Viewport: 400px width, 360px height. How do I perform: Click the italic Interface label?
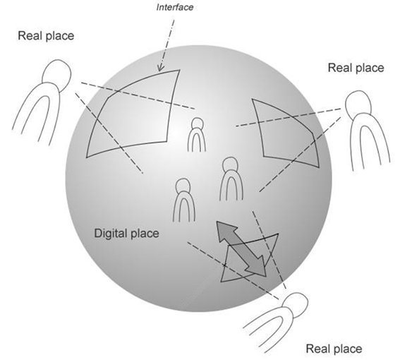point(175,7)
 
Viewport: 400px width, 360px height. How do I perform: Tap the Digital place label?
point(126,234)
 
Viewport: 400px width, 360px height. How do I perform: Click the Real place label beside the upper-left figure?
point(46,35)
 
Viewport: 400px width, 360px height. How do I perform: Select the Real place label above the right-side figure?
point(356,68)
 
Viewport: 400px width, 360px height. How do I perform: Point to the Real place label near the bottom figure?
point(334,349)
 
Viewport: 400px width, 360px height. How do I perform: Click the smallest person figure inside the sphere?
point(197,135)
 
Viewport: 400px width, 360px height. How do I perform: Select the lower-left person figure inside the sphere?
point(184,200)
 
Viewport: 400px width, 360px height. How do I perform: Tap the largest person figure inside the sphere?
point(231,179)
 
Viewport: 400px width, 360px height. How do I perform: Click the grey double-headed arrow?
point(241,249)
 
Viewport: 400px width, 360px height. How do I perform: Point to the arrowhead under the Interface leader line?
point(160,68)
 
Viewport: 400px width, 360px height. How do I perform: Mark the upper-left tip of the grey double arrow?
point(217,222)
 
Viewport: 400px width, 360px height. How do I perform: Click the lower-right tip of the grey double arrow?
point(266,276)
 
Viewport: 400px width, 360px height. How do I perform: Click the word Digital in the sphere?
point(110,234)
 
